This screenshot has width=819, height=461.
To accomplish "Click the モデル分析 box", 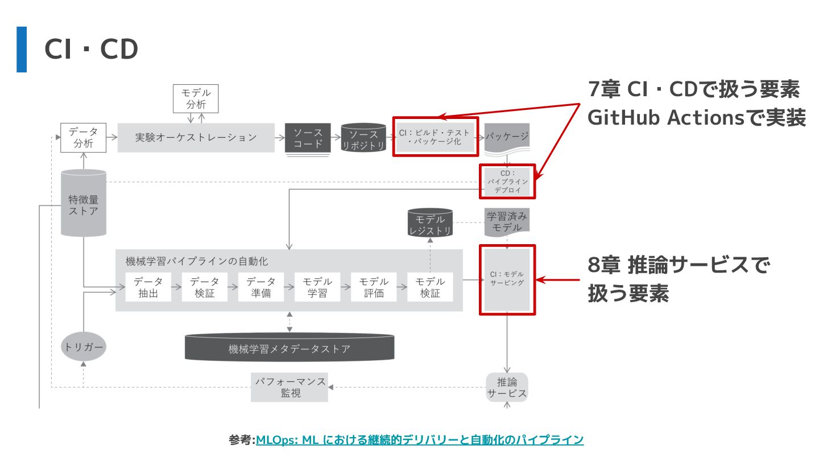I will point(196,98).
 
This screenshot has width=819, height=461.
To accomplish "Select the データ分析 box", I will point(84,138).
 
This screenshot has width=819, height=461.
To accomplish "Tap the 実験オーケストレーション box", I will point(196,137).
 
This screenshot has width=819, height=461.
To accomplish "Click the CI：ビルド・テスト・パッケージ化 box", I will point(435,137).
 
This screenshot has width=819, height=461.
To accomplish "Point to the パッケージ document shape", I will point(507,137).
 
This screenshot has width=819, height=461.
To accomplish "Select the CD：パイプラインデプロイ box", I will point(507,182).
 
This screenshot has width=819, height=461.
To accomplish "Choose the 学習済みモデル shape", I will point(507,221).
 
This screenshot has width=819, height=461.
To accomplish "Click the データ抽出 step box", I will point(148,287).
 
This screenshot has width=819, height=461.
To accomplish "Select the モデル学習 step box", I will point(317,287).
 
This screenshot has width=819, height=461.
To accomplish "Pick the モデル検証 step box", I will point(430,287).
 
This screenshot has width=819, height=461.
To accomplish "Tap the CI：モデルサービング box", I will point(507,279).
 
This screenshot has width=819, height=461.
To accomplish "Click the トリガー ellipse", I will point(84,347).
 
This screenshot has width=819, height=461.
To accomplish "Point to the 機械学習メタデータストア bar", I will point(289,348).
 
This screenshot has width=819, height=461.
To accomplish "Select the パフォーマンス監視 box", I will point(289,387).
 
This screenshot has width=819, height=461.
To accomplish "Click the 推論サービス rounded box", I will point(507,387).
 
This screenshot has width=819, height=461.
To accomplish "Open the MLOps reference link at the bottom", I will point(420,440).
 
